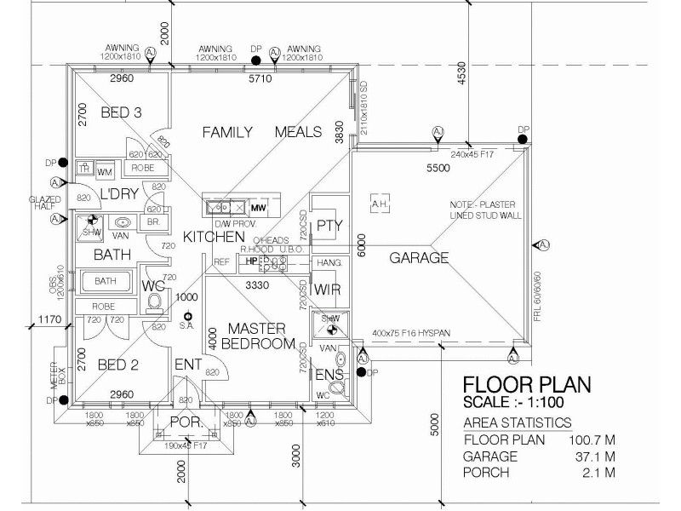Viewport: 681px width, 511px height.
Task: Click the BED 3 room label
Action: tap(121, 112)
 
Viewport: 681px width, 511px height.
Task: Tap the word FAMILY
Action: tap(227, 132)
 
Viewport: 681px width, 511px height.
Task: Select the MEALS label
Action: tap(298, 132)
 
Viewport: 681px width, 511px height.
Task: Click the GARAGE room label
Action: tap(419, 257)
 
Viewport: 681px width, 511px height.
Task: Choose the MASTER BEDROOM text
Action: tap(257, 336)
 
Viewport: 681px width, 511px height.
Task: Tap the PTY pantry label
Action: tap(328, 226)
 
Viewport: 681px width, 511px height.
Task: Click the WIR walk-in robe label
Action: tap(327, 290)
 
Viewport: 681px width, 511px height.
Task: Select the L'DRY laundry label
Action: tap(120, 194)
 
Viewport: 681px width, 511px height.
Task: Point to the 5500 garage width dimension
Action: tap(438, 169)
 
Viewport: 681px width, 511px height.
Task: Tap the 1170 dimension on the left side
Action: tap(47, 321)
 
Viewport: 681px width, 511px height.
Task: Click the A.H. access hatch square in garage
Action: tap(380, 204)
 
